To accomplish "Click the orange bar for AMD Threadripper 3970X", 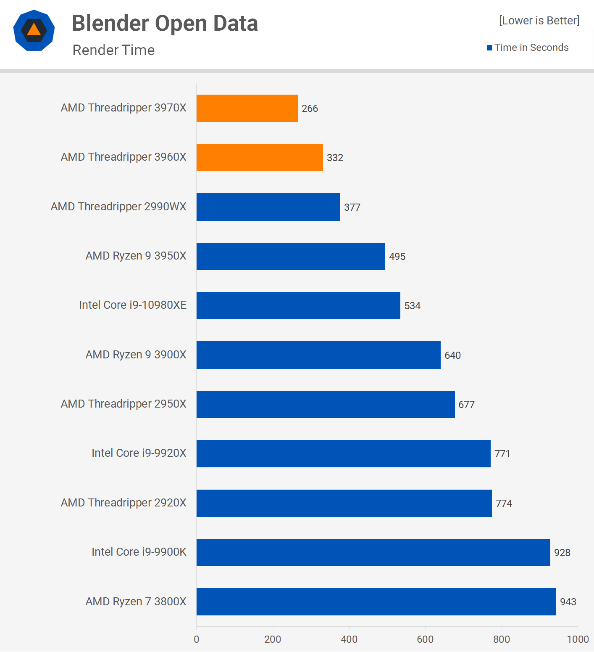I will (x=247, y=108).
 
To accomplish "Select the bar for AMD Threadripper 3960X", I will (x=260, y=157).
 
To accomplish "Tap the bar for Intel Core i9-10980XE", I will (x=298, y=305).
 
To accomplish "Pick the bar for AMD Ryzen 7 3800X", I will (x=376, y=602).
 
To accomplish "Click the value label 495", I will (x=397, y=257).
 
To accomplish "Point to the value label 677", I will (x=466, y=405).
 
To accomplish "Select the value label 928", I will (x=562, y=553).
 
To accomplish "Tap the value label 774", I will (x=504, y=504).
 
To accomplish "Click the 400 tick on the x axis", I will (x=349, y=639).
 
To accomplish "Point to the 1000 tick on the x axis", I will (x=578, y=639).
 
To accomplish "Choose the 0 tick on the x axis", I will (x=197, y=639).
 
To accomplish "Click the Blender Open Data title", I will (x=165, y=23).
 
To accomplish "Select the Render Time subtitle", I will (x=113, y=50).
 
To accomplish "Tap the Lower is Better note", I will (x=539, y=21).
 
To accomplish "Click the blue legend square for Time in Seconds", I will (x=489, y=48).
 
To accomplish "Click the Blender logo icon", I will (x=34, y=30).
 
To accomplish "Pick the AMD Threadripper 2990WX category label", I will (x=118, y=207).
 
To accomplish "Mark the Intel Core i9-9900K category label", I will (x=139, y=552).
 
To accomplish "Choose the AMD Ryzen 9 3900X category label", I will (x=136, y=355).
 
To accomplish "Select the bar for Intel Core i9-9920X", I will (x=343, y=453).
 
